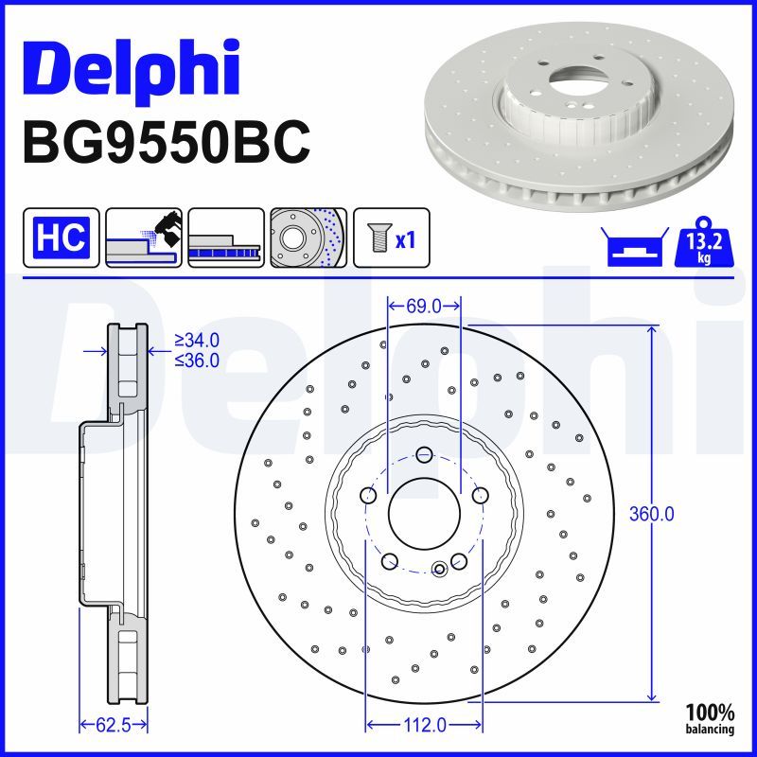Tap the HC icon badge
pyautogui.click(x=61, y=238)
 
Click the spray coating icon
pyautogui.click(x=144, y=238)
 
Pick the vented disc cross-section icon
pyautogui.click(x=226, y=238)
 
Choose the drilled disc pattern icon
pyautogui.click(x=308, y=238)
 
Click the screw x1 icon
pyautogui.click(x=392, y=238)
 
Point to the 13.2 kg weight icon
pyautogui.click(x=704, y=242)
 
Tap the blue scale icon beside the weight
pyautogui.click(x=635, y=247)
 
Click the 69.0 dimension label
pyautogui.click(x=424, y=306)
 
